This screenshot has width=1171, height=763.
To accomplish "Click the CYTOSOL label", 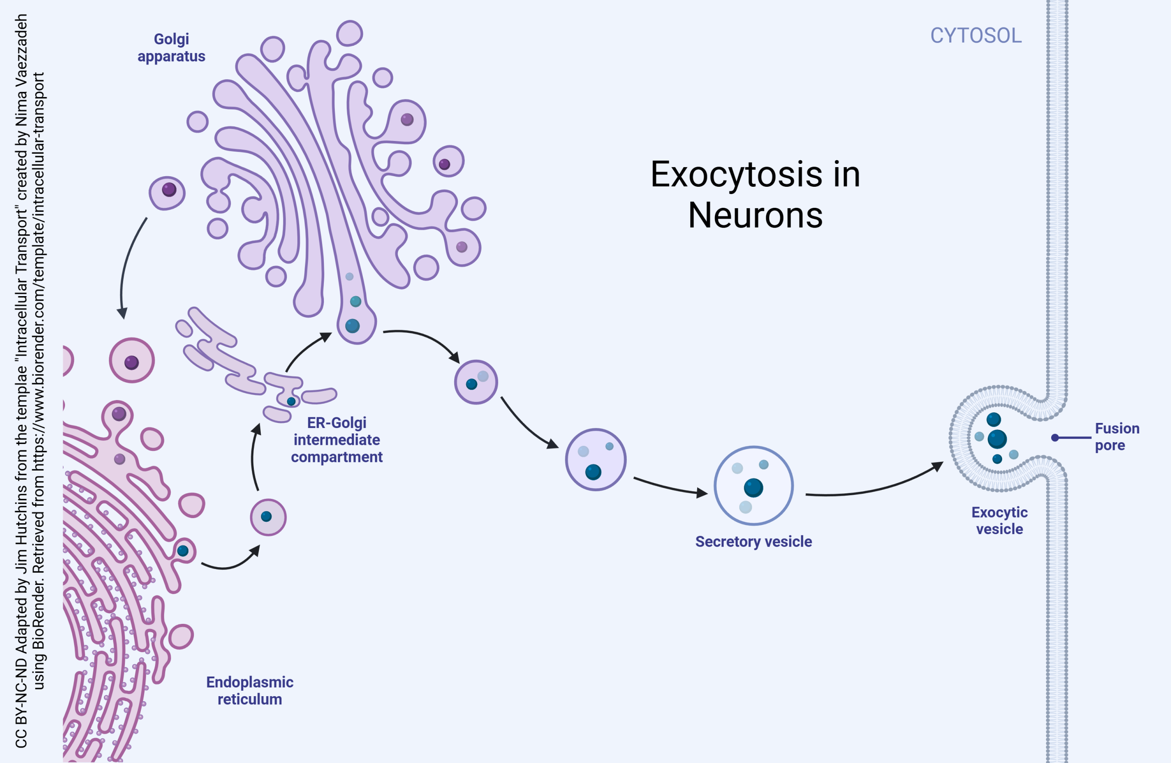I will (x=976, y=35).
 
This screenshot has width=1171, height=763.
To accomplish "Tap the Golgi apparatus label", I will (x=171, y=48).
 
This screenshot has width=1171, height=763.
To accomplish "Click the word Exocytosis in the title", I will (x=736, y=174).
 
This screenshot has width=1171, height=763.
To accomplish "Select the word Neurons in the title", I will (x=755, y=216).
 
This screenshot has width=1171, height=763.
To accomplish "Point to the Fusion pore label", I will (x=1117, y=437).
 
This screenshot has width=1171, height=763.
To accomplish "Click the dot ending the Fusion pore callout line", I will (x=1055, y=438).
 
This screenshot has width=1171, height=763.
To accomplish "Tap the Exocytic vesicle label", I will (x=999, y=520).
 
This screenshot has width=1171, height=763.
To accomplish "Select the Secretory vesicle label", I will (x=753, y=541).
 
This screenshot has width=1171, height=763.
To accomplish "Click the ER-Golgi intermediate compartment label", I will (x=337, y=439).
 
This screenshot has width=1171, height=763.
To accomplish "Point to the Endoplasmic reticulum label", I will (x=249, y=690).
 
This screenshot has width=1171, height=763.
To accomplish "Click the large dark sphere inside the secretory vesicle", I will (x=753, y=488).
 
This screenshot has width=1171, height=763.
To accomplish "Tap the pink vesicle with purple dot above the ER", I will (x=132, y=361).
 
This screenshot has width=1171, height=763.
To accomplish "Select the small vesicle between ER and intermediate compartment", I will (x=268, y=517).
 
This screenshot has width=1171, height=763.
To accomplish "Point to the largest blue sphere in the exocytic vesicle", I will (x=997, y=439).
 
